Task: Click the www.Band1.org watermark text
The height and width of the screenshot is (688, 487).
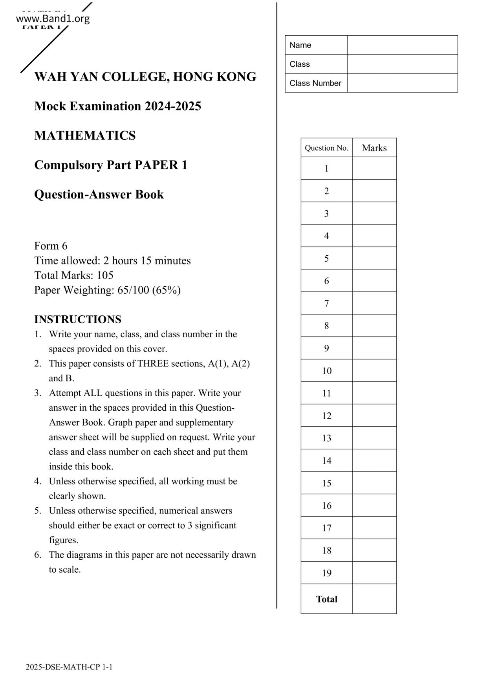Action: point(53,18)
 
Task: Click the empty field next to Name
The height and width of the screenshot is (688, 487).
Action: point(402,45)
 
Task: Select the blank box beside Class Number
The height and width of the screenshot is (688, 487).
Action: point(402,83)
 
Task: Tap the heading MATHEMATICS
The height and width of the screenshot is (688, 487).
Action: point(85,136)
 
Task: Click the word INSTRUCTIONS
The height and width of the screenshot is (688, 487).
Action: point(78,319)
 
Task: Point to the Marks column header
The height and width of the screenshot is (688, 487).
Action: point(374,148)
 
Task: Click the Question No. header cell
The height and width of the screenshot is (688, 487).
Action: point(326,148)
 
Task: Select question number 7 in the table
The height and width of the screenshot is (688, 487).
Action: point(326,303)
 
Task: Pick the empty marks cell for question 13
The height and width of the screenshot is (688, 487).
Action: point(374,438)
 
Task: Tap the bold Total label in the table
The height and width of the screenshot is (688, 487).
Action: point(326,599)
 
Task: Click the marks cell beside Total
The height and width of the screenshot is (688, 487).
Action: point(374,599)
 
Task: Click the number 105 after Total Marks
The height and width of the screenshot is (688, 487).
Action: point(105,275)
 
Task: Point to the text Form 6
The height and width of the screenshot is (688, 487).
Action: point(51,246)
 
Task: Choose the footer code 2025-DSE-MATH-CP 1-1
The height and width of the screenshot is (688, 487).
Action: point(69,667)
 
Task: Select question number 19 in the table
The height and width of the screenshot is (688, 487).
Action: point(326,573)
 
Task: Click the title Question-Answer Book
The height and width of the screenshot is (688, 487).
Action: point(99,195)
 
